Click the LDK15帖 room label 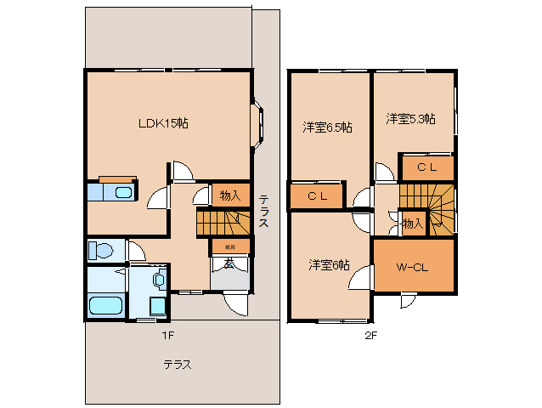(x=163, y=123)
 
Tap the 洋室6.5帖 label (x=327, y=127)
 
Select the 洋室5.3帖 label (x=410, y=119)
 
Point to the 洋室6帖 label (x=328, y=264)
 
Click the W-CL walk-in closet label (x=412, y=268)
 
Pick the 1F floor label (x=168, y=335)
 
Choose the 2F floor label (x=370, y=335)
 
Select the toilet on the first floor (x=100, y=251)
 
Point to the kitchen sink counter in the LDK (x=113, y=192)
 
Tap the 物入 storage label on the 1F (x=229, y=195)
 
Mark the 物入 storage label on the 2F (x=412, y=224)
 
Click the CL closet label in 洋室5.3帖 (x=426, y=167)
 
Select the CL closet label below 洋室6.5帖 (x=317, y=196)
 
